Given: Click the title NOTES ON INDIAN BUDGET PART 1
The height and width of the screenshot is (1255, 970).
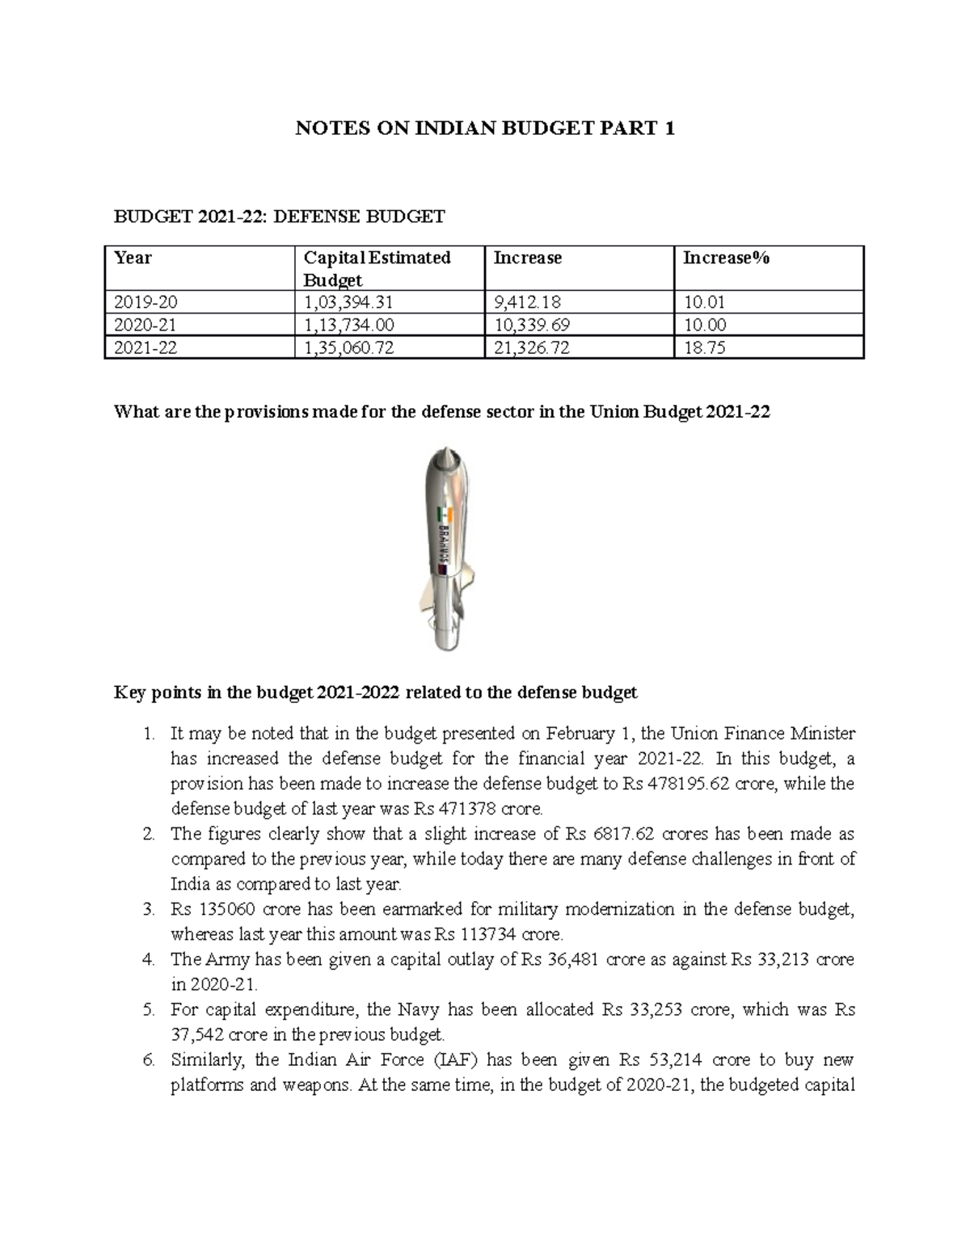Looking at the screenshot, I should point(484,128).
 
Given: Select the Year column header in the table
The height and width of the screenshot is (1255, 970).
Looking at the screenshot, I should point(133,258).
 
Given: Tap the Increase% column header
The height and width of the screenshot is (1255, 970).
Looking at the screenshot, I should point(726,258).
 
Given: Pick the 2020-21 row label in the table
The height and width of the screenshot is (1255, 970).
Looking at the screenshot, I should point(145,325).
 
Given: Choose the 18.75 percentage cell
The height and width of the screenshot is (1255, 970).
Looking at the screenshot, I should point(704,347).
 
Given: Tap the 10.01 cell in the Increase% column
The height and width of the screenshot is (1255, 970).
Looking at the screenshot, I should point(704,302).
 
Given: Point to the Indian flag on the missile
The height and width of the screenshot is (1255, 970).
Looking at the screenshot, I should point(442,515).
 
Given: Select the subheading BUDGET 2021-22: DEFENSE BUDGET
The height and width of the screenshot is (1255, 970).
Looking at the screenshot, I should point(279,216).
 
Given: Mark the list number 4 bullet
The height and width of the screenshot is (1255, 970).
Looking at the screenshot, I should point(148,959).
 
